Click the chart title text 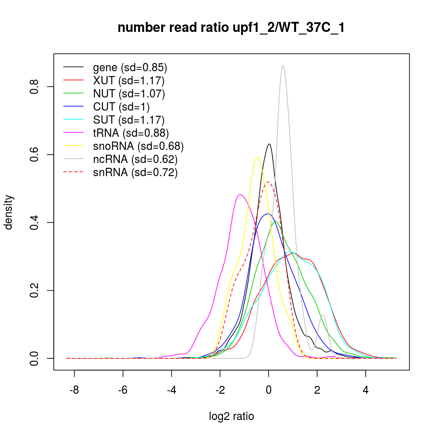coord(231,28)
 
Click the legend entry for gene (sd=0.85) coord(130,68)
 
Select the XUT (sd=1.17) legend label coord(128,81)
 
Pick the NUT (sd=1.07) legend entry coord(129,94)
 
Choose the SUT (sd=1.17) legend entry coord(128,120)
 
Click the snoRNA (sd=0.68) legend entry coord(138,146)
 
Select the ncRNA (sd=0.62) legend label coord(135,160)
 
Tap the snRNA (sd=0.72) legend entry coord(135,173)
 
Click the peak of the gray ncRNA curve coord(283,66)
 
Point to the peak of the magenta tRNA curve coord(240,195)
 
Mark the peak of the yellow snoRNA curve coord(257,158)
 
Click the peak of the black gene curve coord(269,144)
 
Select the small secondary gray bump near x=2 coord(323,315)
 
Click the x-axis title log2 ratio coord(231,416)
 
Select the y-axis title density coord(10,212)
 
